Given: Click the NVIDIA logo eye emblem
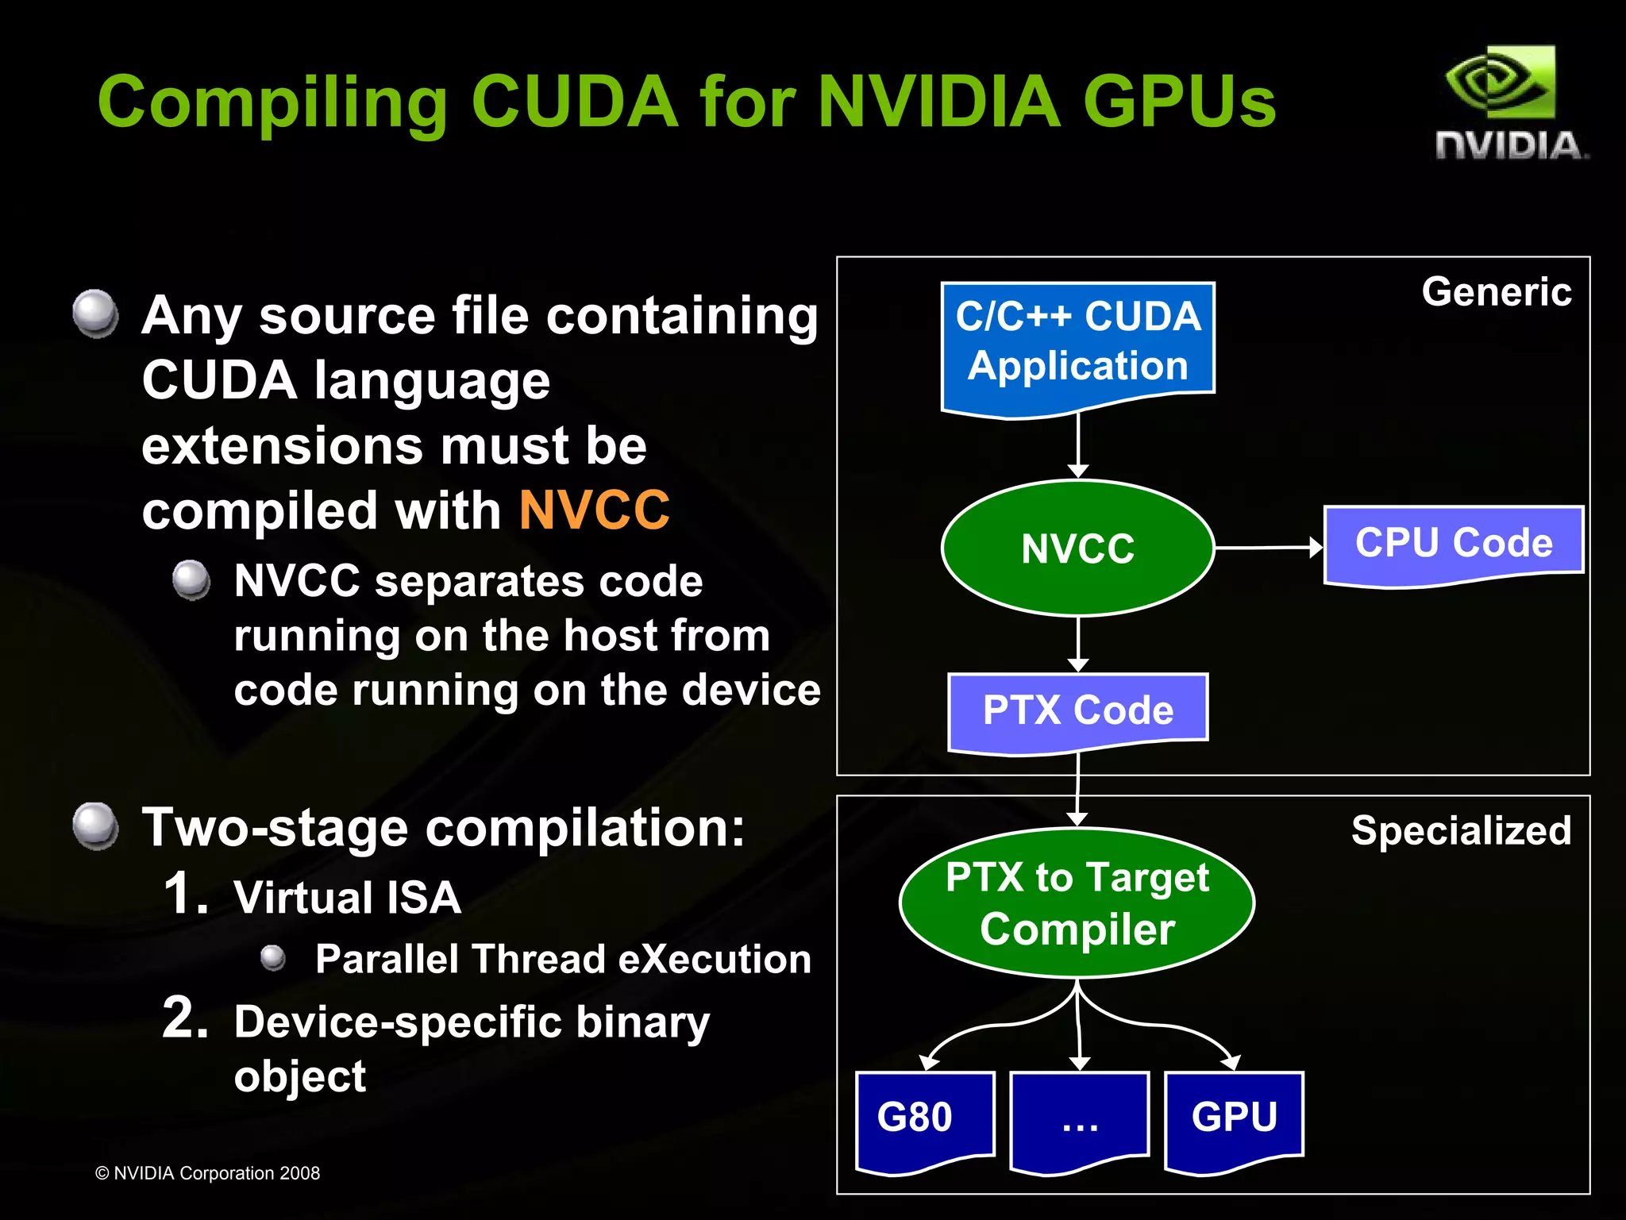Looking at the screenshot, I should [1500, 84].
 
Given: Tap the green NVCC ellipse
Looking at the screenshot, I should [1077, 548].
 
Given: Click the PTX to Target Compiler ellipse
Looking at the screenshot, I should [1077, 902].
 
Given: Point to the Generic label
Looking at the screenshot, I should [1496, 291].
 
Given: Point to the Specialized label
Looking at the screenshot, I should [1460, 830].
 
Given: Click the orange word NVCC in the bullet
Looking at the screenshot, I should [594, 510].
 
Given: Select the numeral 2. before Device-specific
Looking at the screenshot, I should [185, 1018].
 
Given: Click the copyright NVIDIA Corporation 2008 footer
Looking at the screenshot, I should [207, 1173].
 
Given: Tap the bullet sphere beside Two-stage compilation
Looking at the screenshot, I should [95, 826].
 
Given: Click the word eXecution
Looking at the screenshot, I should [715, 959].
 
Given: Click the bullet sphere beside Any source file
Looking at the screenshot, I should [95, 313].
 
